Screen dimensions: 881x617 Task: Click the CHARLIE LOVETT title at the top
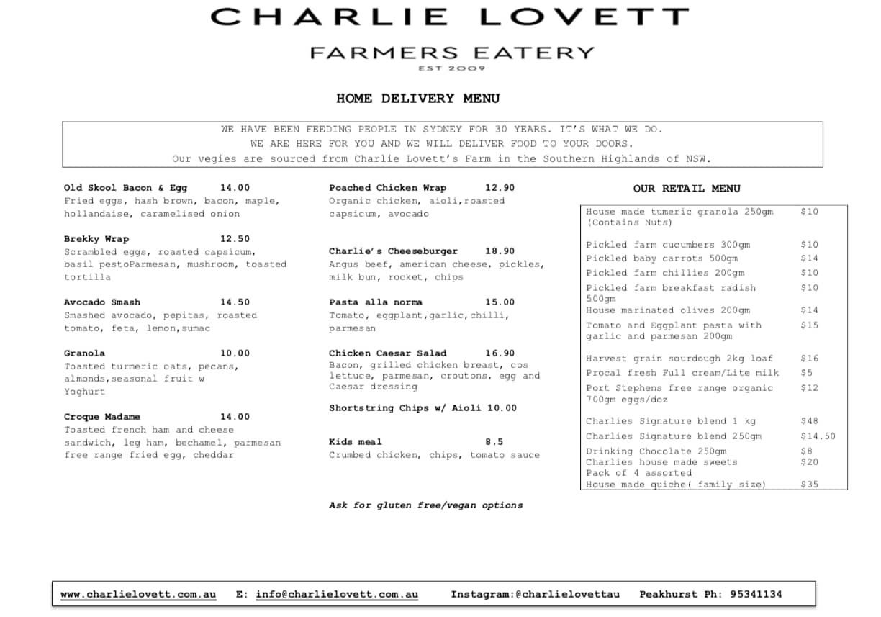449,17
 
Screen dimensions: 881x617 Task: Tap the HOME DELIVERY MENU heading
417,99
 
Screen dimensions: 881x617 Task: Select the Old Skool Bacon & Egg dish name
125,188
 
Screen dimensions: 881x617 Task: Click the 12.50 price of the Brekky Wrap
235,239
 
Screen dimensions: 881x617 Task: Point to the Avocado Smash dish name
101,302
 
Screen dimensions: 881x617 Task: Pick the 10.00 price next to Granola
235,353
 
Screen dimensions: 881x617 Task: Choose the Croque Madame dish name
101,417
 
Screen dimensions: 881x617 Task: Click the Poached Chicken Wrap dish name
387,188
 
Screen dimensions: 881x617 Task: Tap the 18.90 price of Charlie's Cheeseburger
500,251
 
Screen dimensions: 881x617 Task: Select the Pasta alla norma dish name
376,302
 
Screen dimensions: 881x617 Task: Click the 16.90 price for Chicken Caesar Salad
500,353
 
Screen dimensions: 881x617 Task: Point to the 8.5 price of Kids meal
494,442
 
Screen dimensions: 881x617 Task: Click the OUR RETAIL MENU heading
686,189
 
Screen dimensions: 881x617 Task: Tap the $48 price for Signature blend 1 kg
809,421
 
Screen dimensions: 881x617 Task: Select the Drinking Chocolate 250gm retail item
656,451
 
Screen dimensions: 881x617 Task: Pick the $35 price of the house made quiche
809,485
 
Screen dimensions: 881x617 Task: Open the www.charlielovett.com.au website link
138,595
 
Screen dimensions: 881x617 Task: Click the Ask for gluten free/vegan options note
425,505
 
